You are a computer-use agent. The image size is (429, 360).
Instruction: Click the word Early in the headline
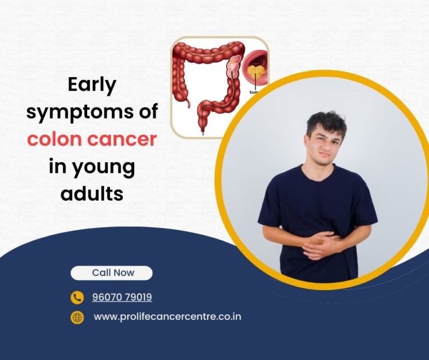click(92, 86)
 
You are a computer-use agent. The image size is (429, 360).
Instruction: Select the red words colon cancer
click(92, 139)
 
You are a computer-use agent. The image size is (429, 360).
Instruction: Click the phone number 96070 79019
click(122, 297)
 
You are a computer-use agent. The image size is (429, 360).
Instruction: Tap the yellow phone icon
click(77, 297)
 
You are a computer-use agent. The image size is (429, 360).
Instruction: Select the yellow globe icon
click(77, 318)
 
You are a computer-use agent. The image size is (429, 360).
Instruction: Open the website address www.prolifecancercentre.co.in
click(167, 317)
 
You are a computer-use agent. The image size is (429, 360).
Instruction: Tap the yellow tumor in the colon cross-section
click(256, 72)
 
